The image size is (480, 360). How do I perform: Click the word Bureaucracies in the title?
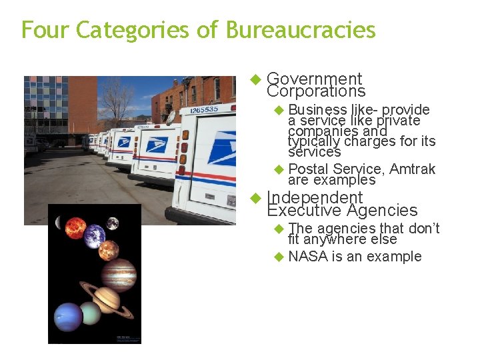point(301,30)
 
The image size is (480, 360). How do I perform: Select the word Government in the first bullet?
point(314,79)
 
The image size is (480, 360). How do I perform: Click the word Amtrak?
point(412,169)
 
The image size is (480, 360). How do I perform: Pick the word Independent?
point(314,198)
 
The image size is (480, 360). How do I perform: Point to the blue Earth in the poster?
point(95,235)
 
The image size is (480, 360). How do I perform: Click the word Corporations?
point(316,91)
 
